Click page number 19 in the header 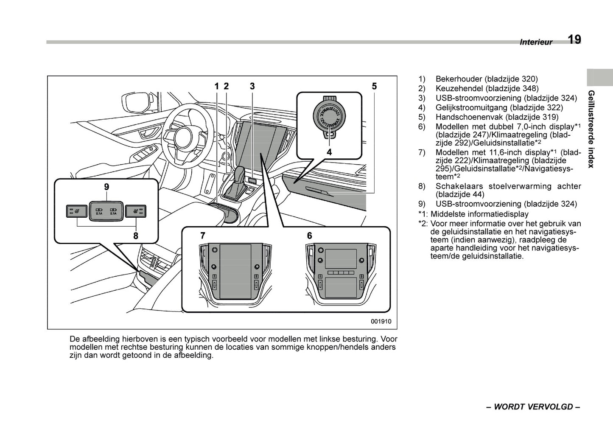(x=574, y=39)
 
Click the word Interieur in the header (x=536, y=42)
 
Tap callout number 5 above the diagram (x=374, y=86)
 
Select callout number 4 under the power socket (x=329, y=151)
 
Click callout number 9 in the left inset (x=106, y=186)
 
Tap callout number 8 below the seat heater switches (x=136, y=236)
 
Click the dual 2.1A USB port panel (x=106, y=210)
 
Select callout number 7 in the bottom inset (x=203, y=235)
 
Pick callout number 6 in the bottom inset (x=309, y=235)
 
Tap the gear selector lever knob (x=240, y=174)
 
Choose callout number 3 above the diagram (x=252, y=86)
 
